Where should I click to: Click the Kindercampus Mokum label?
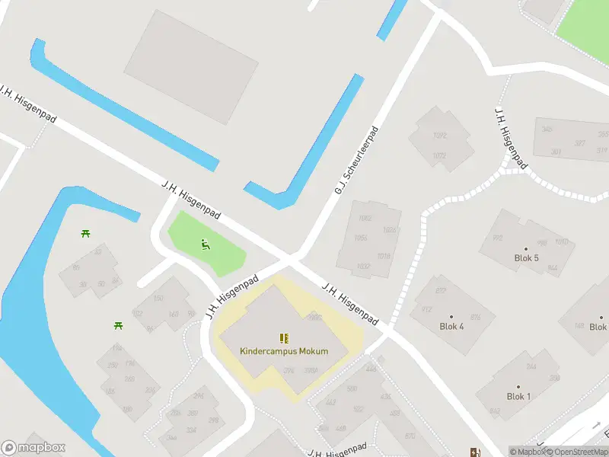coord(284,352)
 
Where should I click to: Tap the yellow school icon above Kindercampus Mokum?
coord(284,339)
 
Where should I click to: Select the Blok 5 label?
coord(527,258)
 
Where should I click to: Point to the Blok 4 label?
coord(451,327)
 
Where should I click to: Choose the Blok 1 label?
coord(518,397)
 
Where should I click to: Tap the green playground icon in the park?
coord(205,244)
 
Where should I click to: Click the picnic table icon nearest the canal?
coord(85,232)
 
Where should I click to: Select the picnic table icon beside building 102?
coord(119,325)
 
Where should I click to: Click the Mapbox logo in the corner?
coord(32,448)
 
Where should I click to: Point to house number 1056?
coord(362,238)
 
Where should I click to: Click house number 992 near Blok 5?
coord(498,238)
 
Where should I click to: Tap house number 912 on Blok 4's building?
coord(426,309)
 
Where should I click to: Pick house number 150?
coord(158,299)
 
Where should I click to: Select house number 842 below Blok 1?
coord(496,411)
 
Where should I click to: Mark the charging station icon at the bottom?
coord(476,452)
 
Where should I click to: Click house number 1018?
coord(384,257)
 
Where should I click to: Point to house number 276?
coord(289,371)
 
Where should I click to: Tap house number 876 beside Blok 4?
coord(475,318)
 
